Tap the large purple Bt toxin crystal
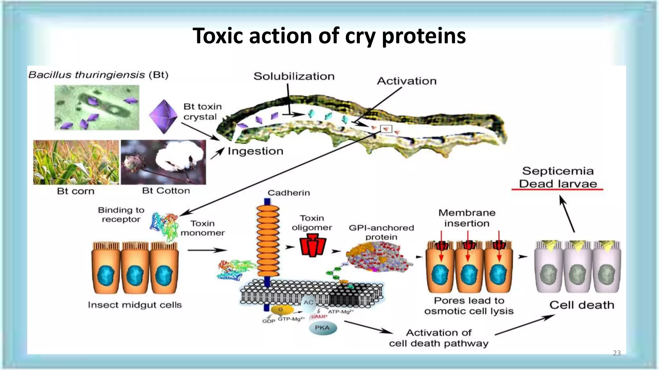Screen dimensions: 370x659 tap(163, 117)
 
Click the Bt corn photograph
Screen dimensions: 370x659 tap(76, 162)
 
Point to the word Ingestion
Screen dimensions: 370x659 tap(255, 151)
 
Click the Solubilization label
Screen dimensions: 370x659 tap(294, 76)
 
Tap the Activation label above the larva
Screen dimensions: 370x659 tap(406, 81)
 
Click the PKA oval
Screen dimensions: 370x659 tap(322, 328)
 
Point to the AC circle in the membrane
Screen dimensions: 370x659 tap(308, 303)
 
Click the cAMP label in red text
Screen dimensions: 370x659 tap(319, 317)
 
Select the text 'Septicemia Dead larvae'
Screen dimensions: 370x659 tap(558, 177)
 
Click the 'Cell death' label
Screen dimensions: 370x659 tap(581, 305)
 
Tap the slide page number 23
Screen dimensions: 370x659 tap(617, 353)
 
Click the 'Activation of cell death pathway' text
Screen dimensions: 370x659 tap(439, 338)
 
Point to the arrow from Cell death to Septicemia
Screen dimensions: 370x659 tap(568, 214)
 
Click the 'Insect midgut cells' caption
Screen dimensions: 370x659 tap(135, 305)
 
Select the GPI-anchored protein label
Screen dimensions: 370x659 tap(381, 232)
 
